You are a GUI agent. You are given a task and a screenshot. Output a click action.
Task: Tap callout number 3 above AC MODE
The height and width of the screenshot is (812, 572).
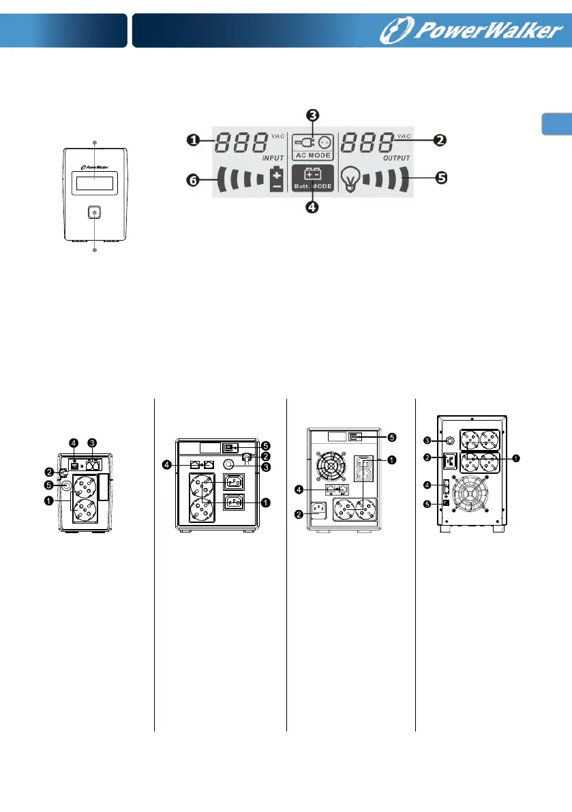click(x=312, y=115)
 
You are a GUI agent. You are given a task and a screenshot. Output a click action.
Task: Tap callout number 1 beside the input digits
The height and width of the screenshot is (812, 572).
click(x=194, y=140)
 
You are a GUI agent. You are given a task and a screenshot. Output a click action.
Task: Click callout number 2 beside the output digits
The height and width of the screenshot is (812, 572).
click(x=440, y=140)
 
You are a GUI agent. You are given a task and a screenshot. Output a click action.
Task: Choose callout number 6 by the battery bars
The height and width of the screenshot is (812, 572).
click(x=194, y=181)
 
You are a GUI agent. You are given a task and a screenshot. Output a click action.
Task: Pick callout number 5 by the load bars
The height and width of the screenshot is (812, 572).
click(x=441, y=178)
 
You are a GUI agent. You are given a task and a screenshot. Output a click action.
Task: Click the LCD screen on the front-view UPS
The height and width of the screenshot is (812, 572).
click(x=94, y=183)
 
